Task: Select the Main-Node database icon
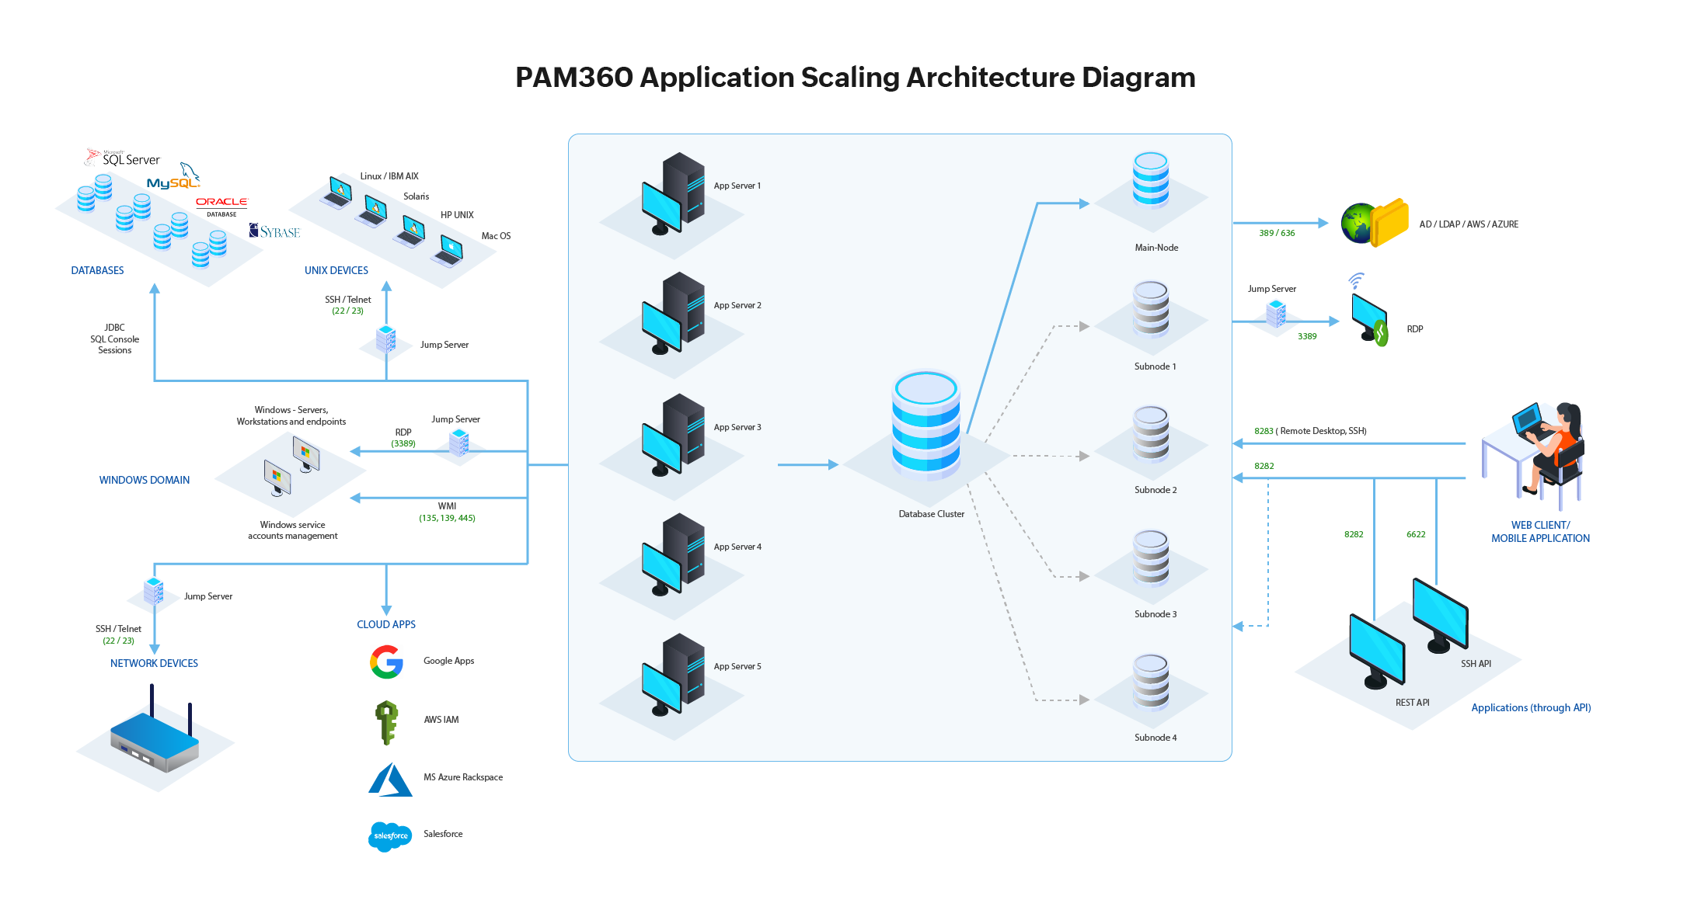(1150, 180)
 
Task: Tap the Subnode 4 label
(1155, 738)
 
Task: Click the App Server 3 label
(737, 427)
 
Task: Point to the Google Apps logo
(386, 662)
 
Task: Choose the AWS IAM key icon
(386, 721)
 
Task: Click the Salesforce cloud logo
(390, 836)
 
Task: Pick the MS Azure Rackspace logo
(390, 780)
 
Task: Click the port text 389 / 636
(1277, 233)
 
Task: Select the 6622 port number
(1415, 534)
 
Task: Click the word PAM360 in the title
(574, 78)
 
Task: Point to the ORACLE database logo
(221, 204)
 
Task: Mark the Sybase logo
(274, 231)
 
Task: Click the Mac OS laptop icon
(448, 250)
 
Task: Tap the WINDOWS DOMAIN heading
(145, 480)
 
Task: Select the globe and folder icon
(1375, 224)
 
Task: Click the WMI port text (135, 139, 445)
(447, 518)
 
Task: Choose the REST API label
(1412, 703)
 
